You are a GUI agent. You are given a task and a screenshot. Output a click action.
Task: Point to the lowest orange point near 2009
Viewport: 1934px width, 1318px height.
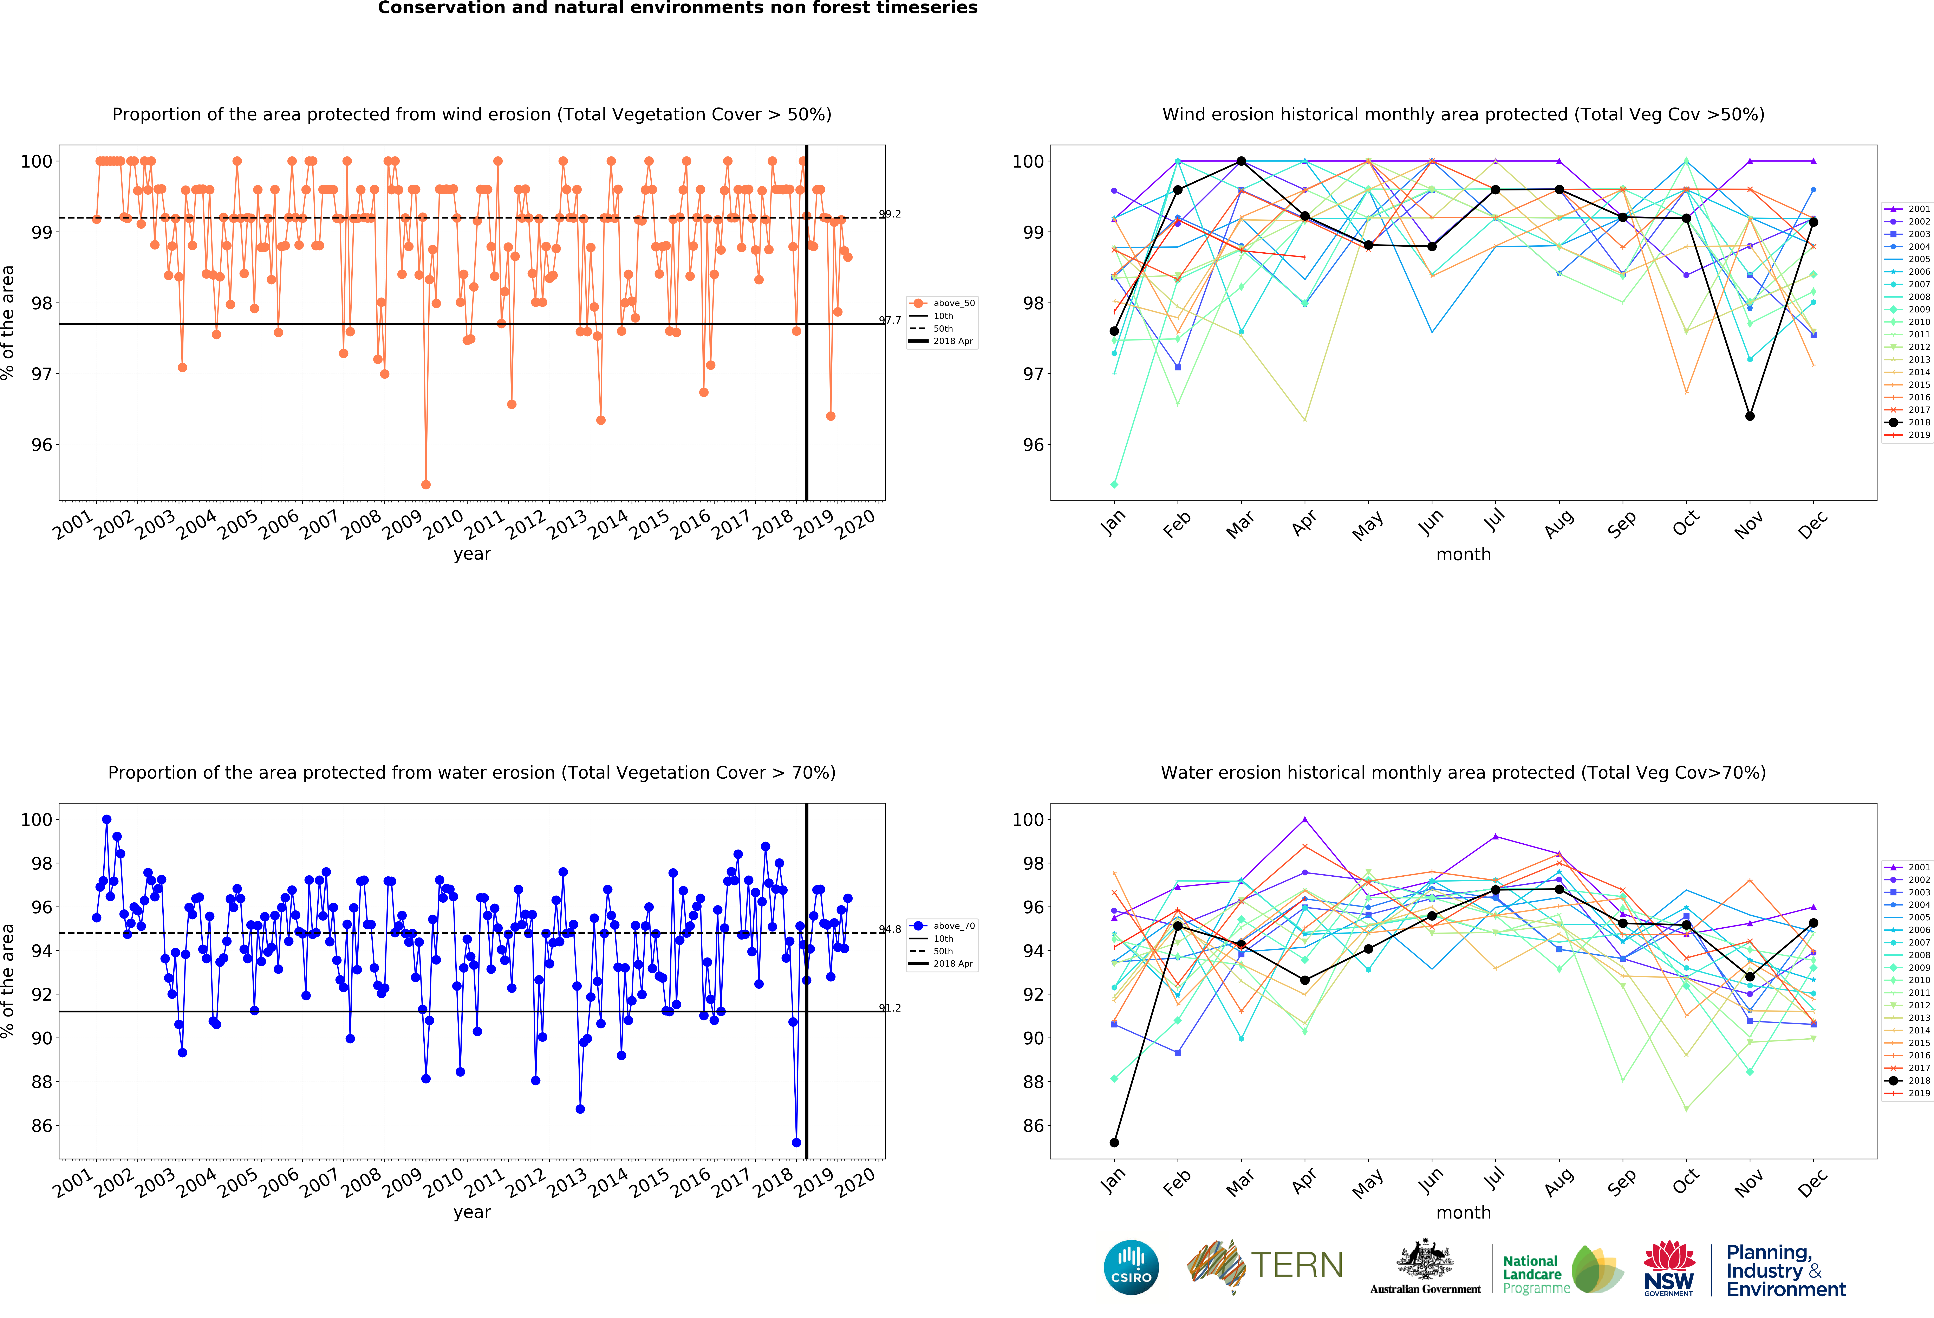[426, 484]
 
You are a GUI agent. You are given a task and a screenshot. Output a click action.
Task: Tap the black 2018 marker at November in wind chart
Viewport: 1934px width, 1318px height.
[1750, 416]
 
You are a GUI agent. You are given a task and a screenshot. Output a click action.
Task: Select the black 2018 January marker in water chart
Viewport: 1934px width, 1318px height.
[1114, 1142]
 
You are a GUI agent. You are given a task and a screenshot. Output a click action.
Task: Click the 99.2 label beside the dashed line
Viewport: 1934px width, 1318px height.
[890, 214]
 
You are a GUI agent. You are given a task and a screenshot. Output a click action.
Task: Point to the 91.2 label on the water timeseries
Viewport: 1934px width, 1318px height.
[890, 1008]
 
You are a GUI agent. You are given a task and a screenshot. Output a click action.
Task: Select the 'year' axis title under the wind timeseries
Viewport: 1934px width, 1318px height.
[472, 554]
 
